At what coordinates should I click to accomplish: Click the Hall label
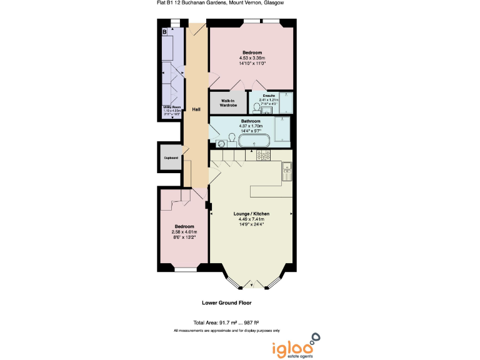click(196, 109)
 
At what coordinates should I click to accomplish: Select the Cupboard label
click(171, 157)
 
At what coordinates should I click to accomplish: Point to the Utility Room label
click(171, 107)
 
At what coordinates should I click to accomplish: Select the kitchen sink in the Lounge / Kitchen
click(287, 169)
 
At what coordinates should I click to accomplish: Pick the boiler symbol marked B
click(164, 31)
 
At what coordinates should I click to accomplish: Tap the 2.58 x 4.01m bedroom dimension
click(184, 232)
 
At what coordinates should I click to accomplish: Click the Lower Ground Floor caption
click(226, 302)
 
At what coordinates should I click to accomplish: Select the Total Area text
click(226, 322)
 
